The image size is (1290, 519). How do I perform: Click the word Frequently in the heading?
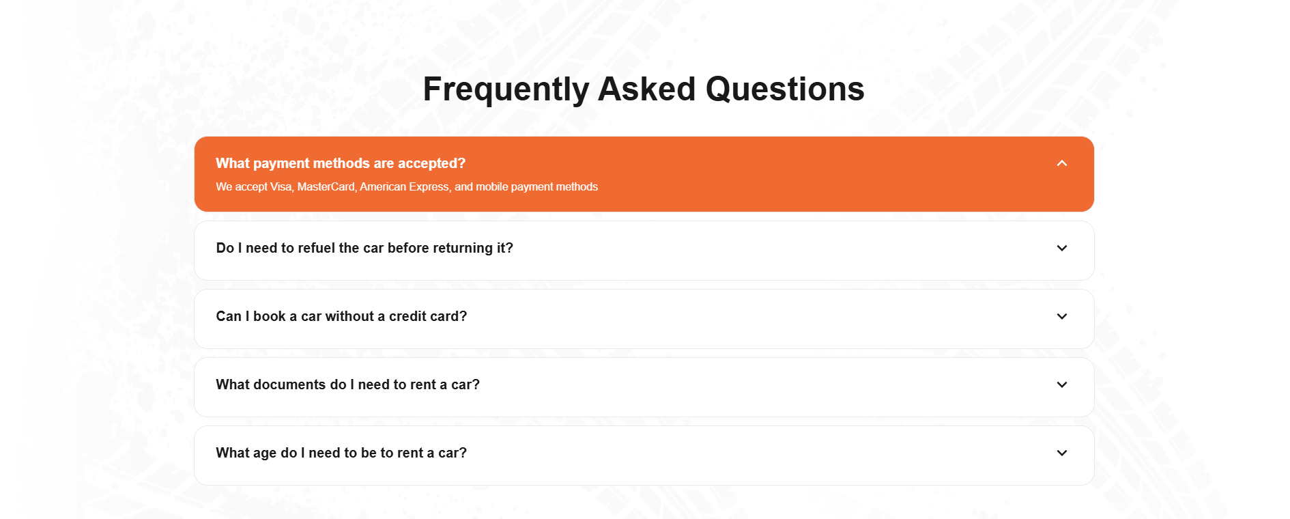coord(506,90)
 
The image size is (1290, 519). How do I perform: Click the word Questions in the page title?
coord(785,89)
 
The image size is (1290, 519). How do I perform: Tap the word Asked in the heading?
coord(647,89)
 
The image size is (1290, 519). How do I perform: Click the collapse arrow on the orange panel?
coord(1061,163)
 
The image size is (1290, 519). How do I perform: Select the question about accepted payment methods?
coord(341,163)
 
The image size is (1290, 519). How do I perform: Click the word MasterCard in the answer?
coord(326,186)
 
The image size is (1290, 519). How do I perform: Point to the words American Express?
coord(405,187)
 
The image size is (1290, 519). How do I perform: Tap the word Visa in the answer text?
coord(281,186)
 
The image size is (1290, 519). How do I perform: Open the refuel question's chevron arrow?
coord(1061,248)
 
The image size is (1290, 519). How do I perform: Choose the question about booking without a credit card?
coord(341,316)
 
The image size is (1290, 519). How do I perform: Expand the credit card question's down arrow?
coord(1061,316)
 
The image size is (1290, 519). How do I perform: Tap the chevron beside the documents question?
coord(1061,384)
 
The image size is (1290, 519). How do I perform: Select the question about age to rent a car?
coord(341,453)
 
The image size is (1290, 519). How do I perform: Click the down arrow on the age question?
coord(1061,453)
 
